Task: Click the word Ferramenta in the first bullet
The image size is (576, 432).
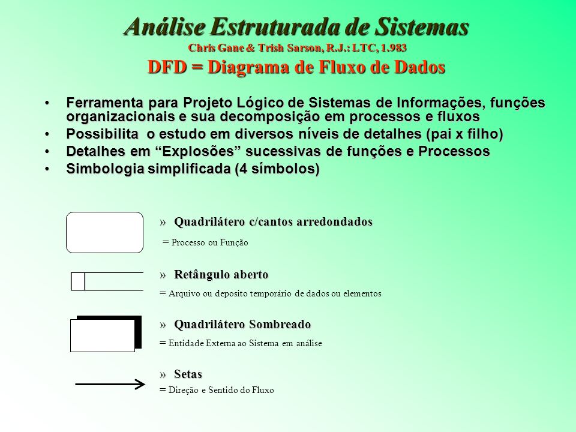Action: pos(105,103)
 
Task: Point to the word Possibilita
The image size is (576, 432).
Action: pos(103,134)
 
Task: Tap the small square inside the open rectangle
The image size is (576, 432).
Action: pos(78,281)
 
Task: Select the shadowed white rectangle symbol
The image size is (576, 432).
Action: pos(103,335)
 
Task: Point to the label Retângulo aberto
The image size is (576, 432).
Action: pos(221,274)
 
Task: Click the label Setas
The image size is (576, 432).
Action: pos(188,374)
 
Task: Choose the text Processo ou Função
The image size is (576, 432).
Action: pos(209,242)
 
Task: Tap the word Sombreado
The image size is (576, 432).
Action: pos(280,325)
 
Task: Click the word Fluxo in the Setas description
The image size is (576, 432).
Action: pos(262,390)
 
